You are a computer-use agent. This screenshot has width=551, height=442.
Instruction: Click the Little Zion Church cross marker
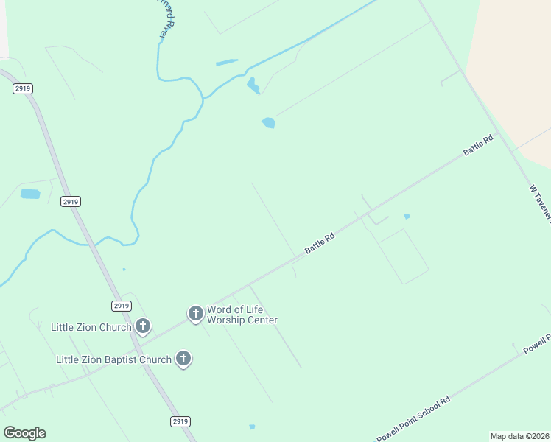[x=143, y=325]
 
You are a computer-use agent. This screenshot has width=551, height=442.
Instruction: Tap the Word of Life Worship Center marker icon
[x=196, y=314]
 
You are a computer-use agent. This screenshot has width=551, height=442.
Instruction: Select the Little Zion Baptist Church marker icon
[x=183, y=359]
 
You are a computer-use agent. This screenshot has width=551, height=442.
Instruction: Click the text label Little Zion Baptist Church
[x=113, y=359]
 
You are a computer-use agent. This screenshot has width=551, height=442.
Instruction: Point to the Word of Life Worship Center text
[x=242, y=315]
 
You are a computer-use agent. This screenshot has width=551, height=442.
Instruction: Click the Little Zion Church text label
[x=91, y=326]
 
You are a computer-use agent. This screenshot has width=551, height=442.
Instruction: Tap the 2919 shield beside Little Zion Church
[x=122, y=305]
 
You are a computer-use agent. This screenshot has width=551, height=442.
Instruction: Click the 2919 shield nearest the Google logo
[x=180, y=421]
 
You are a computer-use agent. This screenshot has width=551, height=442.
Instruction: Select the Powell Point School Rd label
[x=413, y=419]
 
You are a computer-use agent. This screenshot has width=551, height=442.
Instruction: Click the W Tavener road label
[x=540, y=200]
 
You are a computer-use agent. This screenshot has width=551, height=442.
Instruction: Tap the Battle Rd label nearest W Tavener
[x=478, y=144]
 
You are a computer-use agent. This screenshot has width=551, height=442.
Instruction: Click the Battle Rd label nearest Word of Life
[x=320, y=244]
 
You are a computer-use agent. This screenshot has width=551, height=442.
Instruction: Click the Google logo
[x=24, y=433]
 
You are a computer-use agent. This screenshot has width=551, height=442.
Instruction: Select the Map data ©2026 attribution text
[x=519, y=436]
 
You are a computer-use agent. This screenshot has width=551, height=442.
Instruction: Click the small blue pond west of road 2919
[x=30, y=194]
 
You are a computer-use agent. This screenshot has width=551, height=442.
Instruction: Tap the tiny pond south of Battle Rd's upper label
[x=407, y=216]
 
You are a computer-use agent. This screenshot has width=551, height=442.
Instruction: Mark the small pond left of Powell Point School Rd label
[x=252, y=427]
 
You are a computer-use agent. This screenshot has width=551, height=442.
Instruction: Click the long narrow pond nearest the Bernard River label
[x=227, y=62]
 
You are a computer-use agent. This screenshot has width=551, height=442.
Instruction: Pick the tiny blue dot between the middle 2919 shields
[x=124, y=269]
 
